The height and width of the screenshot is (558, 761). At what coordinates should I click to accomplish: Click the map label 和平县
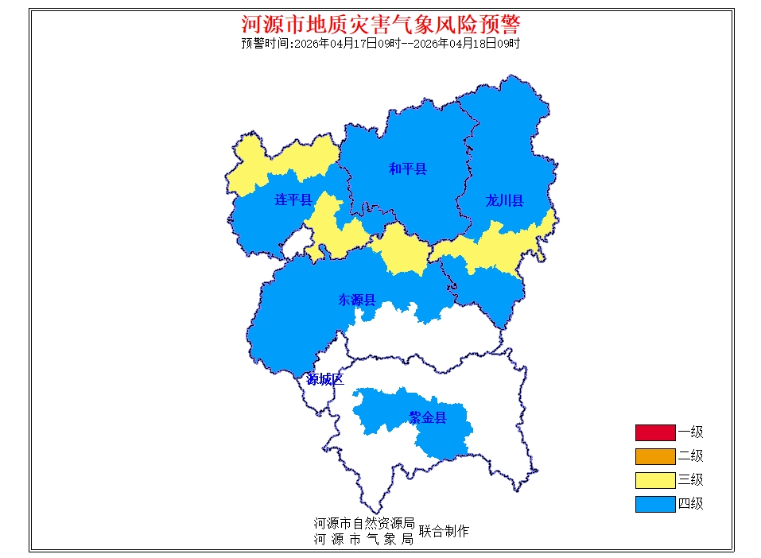[x=407, y=169]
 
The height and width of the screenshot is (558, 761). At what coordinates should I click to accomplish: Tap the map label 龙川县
[x=505, y=200]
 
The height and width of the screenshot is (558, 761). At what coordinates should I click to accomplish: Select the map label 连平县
[x=293, y=200]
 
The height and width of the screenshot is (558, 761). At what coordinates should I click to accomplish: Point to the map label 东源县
[x=357, y=300]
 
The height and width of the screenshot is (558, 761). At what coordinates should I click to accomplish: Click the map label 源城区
[x=325, y=379]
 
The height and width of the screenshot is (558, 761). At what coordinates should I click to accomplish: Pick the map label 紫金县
[x=428, y=417]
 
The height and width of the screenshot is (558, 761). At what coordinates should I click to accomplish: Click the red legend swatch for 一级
[x=654, y=432]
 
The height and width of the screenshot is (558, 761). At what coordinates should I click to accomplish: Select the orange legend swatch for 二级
[x=654, y=456]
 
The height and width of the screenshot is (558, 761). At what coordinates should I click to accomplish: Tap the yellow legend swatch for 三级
[x=654, y=480]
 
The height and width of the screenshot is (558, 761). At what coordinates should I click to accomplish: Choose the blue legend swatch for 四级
[x=654, y=504]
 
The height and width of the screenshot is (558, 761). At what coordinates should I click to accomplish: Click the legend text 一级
[x=690, y=432]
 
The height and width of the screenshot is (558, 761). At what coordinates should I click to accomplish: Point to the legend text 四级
[x=690, y=504]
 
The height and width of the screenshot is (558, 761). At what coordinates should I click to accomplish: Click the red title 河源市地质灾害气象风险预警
[x=381, y=23]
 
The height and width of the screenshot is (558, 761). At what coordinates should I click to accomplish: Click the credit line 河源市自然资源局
[x=364, y=524]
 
